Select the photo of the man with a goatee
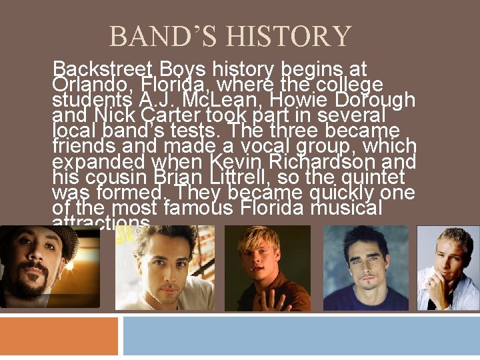click(49, 267)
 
